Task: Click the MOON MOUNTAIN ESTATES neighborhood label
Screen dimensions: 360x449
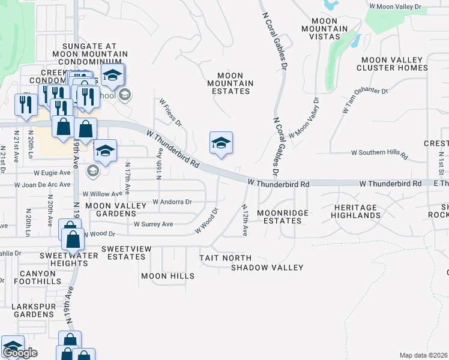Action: click(230, 83)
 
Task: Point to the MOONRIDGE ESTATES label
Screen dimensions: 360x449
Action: click(283, 217)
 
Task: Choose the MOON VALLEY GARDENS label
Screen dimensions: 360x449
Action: click(116, 209)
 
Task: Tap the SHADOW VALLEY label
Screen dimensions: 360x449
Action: click(267, 267)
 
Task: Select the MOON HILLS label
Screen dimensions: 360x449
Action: click(167, 276)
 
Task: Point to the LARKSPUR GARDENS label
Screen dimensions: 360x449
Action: click(34, 310)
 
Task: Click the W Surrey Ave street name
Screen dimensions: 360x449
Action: click(153, 224)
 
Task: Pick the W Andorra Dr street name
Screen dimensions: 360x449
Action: click(172, 202)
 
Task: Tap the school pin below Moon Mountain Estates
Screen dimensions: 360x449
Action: click(221, 143)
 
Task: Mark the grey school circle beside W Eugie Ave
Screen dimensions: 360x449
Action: click(92, 172)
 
